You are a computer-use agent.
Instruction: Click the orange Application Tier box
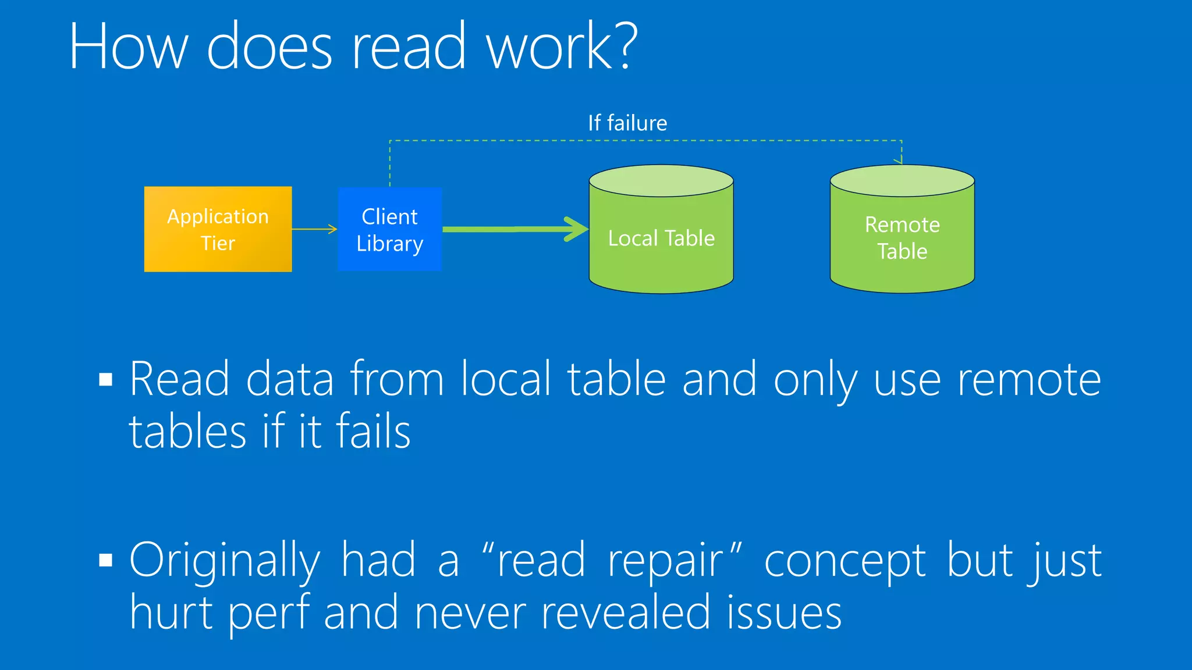point(218,229)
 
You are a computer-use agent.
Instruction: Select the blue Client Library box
point(389,229)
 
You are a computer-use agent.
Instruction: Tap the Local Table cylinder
point(661,238)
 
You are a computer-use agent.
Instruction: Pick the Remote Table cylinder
point(902,238)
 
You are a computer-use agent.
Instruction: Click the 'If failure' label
point(627,123)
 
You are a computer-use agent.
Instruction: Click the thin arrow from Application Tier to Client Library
point(314,229)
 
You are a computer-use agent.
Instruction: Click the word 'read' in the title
point(409,47)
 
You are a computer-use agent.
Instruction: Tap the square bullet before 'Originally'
point(105,560)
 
